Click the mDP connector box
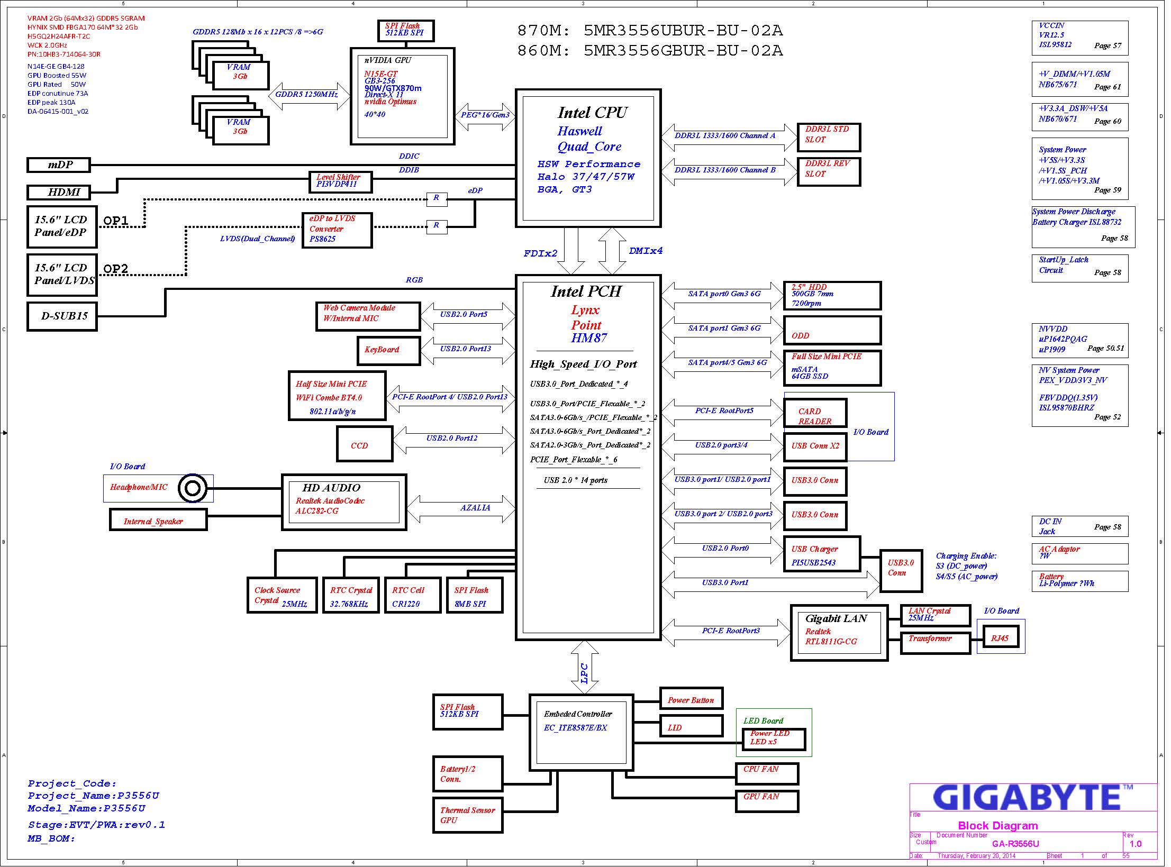59,165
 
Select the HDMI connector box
59,192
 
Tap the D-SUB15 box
62,316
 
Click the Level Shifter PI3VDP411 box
341,182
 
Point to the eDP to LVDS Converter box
337,230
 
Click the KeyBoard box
389,351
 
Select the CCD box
365,444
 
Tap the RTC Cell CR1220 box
413,595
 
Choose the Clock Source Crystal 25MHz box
282,595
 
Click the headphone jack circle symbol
192,488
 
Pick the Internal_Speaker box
158,519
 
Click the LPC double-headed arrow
585,668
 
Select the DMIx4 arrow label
646,251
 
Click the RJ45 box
1000,639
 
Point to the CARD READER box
815,413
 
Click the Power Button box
691,698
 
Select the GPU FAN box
767,801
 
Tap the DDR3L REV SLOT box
829,172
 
